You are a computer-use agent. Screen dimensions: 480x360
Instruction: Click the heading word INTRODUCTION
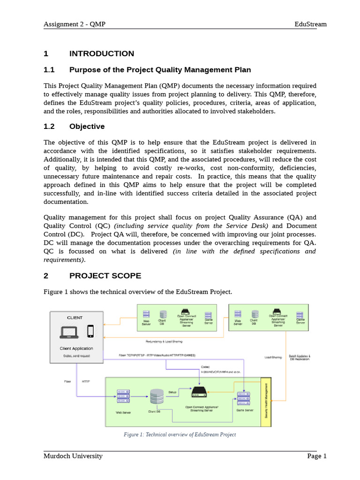coord(102,53)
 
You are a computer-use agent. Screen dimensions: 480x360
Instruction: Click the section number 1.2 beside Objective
coord(49,127)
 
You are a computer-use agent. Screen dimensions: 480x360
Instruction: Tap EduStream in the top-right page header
coord(310,24)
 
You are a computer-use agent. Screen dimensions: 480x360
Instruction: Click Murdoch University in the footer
coord(73,456)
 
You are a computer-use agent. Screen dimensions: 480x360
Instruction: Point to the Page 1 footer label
coord(317,456)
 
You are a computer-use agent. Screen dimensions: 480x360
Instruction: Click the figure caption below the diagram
coord(180,435)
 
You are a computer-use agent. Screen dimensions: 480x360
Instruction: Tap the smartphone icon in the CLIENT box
coord(90,331)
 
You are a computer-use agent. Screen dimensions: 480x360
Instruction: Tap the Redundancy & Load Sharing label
coord(165,341)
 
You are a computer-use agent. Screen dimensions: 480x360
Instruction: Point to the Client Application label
coord(76,348)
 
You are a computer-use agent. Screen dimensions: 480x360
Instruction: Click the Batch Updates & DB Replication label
coord(300,357)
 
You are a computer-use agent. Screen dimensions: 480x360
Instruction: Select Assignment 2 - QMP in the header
coord(75,24)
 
